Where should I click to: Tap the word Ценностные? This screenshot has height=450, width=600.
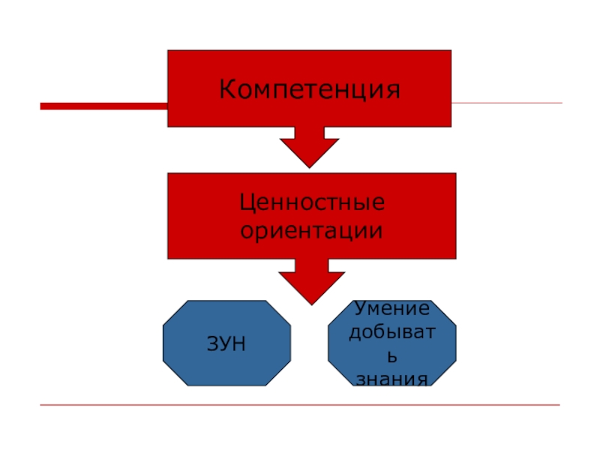tap(312, 202)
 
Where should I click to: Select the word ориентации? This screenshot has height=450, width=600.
tap(312, 229)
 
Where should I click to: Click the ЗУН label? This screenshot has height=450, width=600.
tap(226, 344)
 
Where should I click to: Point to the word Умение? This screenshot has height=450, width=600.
tap(392, 308)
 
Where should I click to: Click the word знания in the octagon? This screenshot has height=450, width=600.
tap(392, 379)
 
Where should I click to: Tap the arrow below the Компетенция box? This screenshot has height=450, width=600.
tap(309, 146)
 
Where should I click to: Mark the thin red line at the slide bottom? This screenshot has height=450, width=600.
tap(300, 405)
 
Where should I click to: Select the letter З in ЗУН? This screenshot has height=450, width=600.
tap(212, 344)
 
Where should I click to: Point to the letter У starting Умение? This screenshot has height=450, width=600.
tap(359, 307)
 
